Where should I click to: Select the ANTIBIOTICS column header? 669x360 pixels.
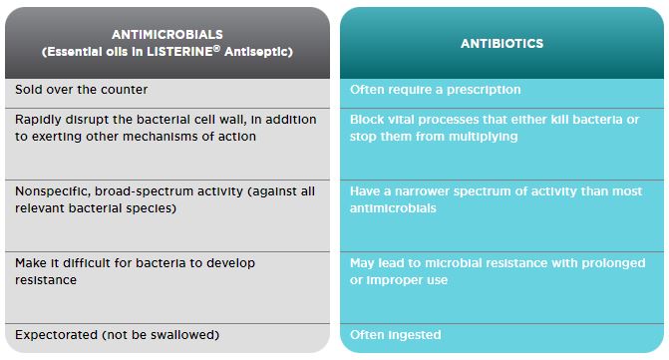click(502, 44)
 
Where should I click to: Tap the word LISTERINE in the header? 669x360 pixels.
click(179, 52)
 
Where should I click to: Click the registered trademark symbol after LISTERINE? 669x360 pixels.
click(216, 48)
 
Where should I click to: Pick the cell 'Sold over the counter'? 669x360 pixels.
click(81, 90)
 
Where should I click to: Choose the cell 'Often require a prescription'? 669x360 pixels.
click(435, 90)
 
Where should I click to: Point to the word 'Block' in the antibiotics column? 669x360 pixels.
click(364, 120)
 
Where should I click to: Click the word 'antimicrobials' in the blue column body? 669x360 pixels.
click(393, 208)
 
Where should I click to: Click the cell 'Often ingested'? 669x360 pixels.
click(395, 335)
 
